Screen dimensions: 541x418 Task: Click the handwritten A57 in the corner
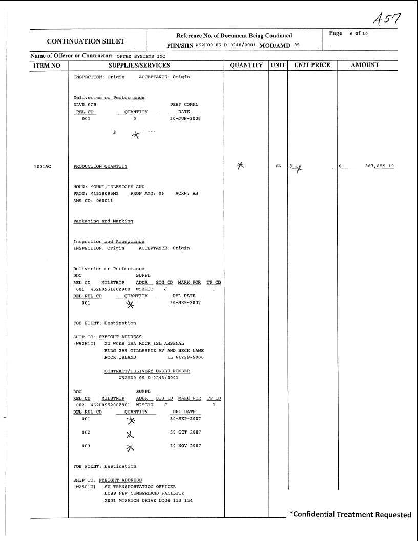click(387, 20)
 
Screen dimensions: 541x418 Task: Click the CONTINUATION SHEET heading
click(86, 41)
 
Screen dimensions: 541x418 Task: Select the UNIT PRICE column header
click(312, 65)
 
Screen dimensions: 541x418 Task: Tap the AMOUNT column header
click(365, 65)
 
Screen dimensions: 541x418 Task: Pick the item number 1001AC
click(43, 167)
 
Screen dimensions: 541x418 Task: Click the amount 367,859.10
click(380, 166)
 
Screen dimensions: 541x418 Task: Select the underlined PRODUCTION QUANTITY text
click(100, 167)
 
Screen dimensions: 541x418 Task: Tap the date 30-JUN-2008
click(185, 118)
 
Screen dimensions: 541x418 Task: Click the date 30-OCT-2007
click(185, 432)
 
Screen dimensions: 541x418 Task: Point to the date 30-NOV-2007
click(185, 446)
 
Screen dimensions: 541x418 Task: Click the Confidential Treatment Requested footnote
click(350, 514)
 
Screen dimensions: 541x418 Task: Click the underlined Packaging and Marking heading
click(103, 221)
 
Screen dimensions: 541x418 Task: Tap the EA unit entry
click(278, 166)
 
